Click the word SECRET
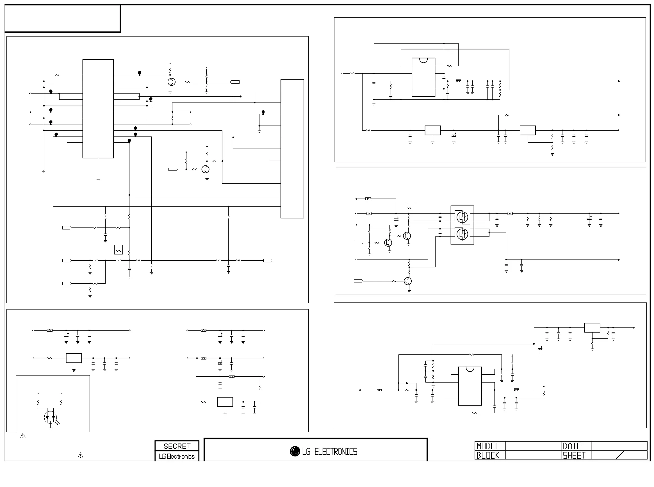pos(177,446)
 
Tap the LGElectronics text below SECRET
pos(177,456)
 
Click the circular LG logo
pos(295,451)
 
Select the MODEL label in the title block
pos(488,446)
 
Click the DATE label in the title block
pos(572,446)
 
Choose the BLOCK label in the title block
pos(488,456)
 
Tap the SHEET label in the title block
pos(574,456)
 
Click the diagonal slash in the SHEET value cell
pos(620,455)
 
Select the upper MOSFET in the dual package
pos(462,218)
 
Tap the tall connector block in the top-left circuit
pos(292,149)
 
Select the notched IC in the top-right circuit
pos(423,77)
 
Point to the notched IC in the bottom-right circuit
pos(470,386)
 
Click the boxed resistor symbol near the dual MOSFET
pos(410,207)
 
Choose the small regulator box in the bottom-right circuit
pos(592,327)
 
